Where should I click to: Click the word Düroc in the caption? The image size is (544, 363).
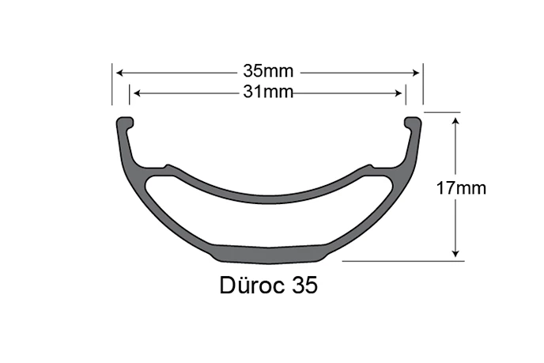[252, 285]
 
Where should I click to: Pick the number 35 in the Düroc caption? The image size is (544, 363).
[305, 285]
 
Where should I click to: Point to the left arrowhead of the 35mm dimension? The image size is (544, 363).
[119, 72]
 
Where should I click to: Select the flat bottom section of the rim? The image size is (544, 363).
[269, 252]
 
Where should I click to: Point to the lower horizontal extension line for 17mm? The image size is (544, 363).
[395, 259]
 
